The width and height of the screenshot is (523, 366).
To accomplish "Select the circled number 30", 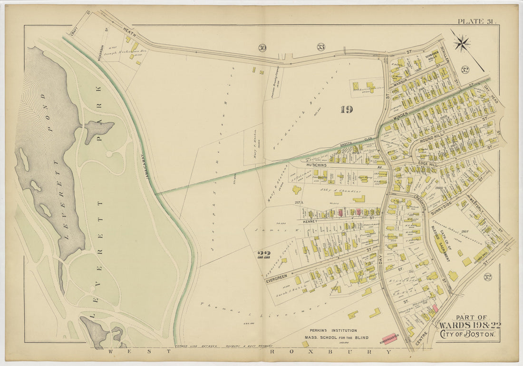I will coord(262,47).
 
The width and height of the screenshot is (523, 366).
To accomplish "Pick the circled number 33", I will coord(321,47).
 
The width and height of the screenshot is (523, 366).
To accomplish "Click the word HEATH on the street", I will coord(129,33).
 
